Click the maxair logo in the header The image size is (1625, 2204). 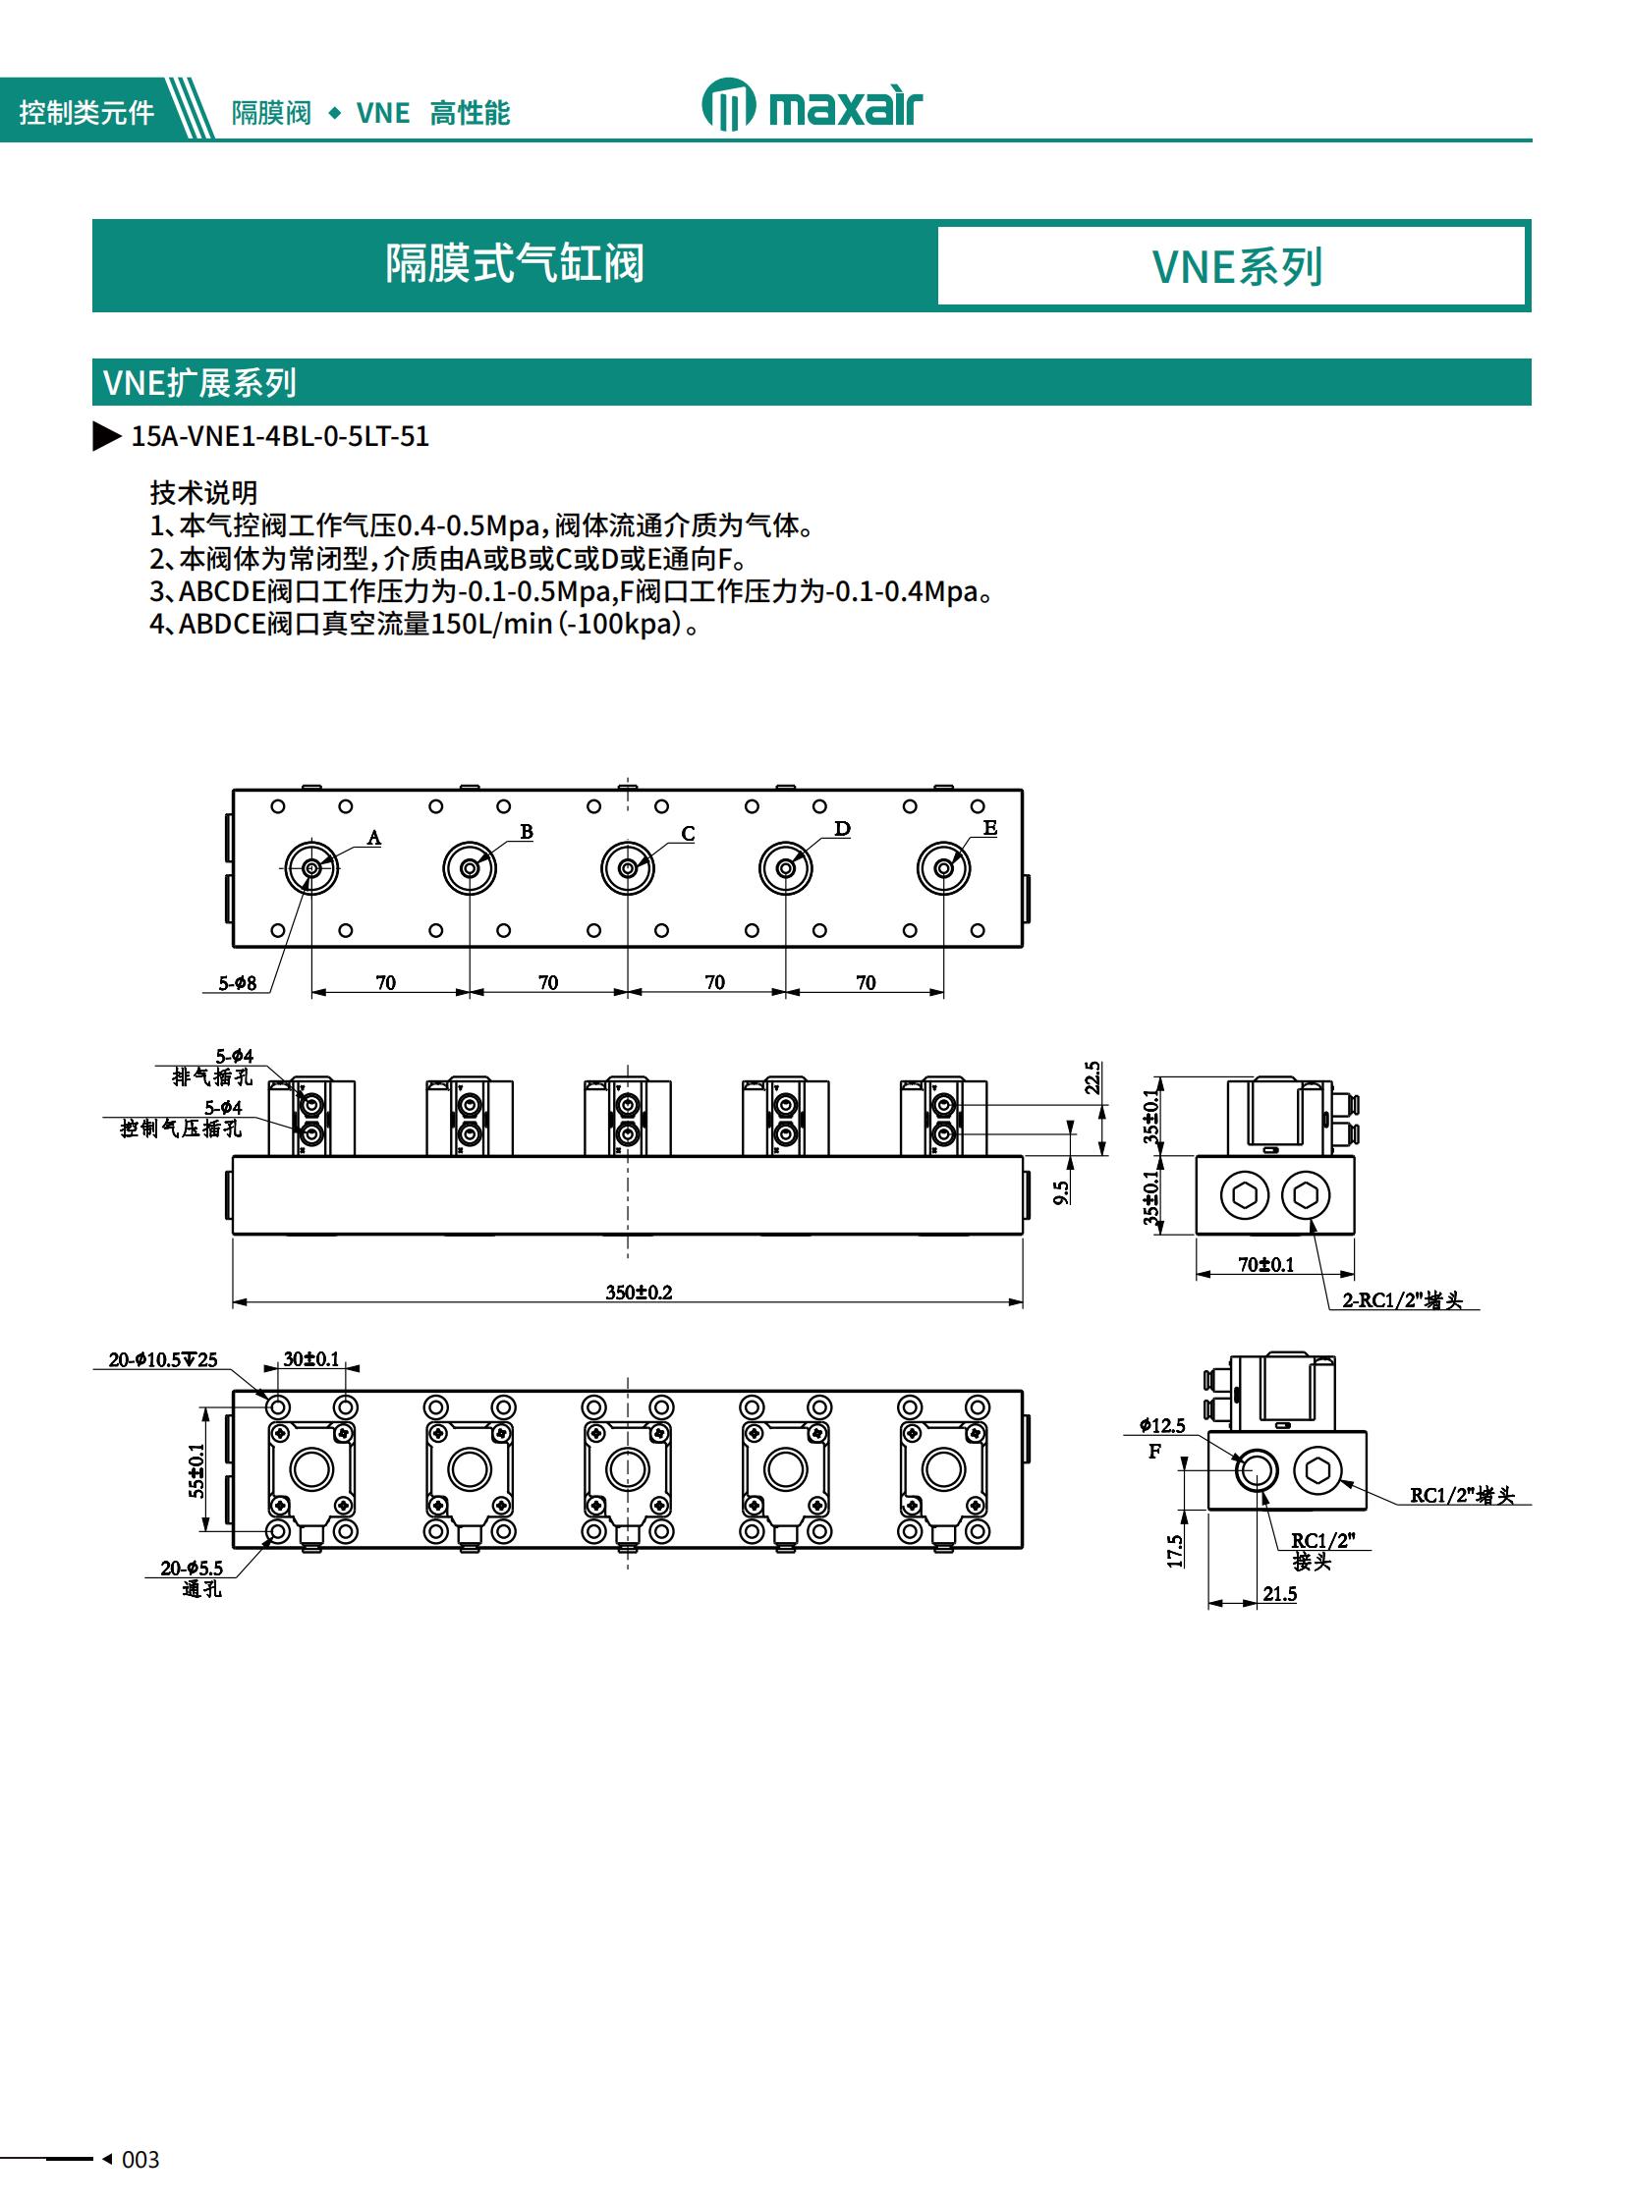click(x=812, y=105)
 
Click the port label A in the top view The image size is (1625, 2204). click(x=373, y=838)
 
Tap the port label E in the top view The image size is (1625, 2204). click(x=989, y=828)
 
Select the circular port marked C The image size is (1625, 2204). click(x=628, y=868)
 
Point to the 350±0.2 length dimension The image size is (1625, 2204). click(x=639, y=1293)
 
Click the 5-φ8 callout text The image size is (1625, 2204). click(x=237, y=983)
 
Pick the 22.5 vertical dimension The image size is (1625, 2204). click(x=1093, y=1077)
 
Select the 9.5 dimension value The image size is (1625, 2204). click(x=1060, y=1193)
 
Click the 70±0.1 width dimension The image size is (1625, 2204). click(x=1266, y=1265)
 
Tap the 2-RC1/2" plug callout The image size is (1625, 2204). click(x=1402, y=1300)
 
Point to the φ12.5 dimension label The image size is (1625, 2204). click(x=1161, y=1425)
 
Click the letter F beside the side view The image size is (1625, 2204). click(x=1154, y=1452)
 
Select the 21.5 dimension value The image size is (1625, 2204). click(x=1280, y=1593)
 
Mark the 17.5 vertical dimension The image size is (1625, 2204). click(x=1175, y=1551)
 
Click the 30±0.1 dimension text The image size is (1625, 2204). click(x=310, y=1359)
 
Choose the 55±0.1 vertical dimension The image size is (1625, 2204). click(x=196, y=1470)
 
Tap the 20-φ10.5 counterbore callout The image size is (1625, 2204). click(x=162, y=1360)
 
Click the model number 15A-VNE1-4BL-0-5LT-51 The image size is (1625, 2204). click(x=280, y=437)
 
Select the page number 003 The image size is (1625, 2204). click(x=140, y=2160)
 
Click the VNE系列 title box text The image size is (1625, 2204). click(x=1237, y=266)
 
